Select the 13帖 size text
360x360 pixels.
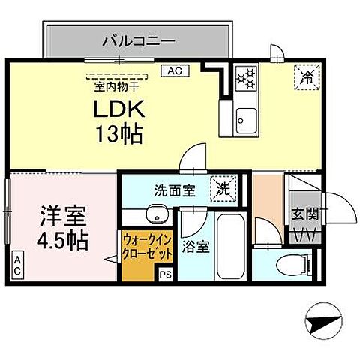click(118, 135)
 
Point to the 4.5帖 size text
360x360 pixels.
click(63, 241)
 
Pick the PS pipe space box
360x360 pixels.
click(166, 275)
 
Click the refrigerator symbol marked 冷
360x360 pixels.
click(306, 76)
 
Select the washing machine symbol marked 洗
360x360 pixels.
click(223, 187)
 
